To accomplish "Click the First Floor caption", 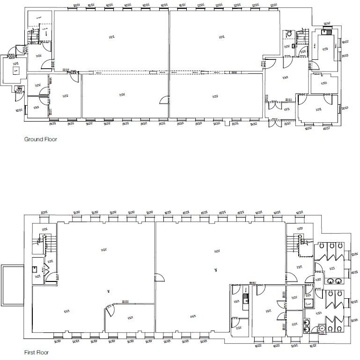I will coord(37,353).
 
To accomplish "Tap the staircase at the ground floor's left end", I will coord(33,36).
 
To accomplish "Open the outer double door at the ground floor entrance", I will coord(273,122).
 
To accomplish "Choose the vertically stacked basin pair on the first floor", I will coord(307,324).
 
